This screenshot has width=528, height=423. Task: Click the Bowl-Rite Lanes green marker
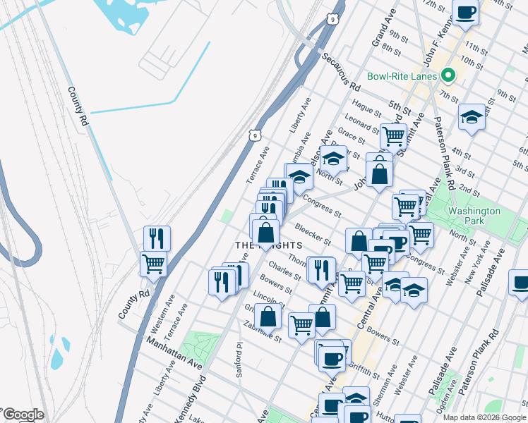448,75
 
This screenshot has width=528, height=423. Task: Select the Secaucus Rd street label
342,72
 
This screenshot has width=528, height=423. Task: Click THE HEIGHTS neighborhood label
268,245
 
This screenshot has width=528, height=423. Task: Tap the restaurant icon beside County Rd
157,238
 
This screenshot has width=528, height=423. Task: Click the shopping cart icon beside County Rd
153,263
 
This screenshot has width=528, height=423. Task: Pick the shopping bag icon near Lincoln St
268,316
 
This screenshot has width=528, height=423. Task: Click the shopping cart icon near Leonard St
393,135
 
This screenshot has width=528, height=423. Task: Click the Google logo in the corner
23,415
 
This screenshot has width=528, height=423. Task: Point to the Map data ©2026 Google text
484,417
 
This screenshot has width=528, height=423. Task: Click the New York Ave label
479,269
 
